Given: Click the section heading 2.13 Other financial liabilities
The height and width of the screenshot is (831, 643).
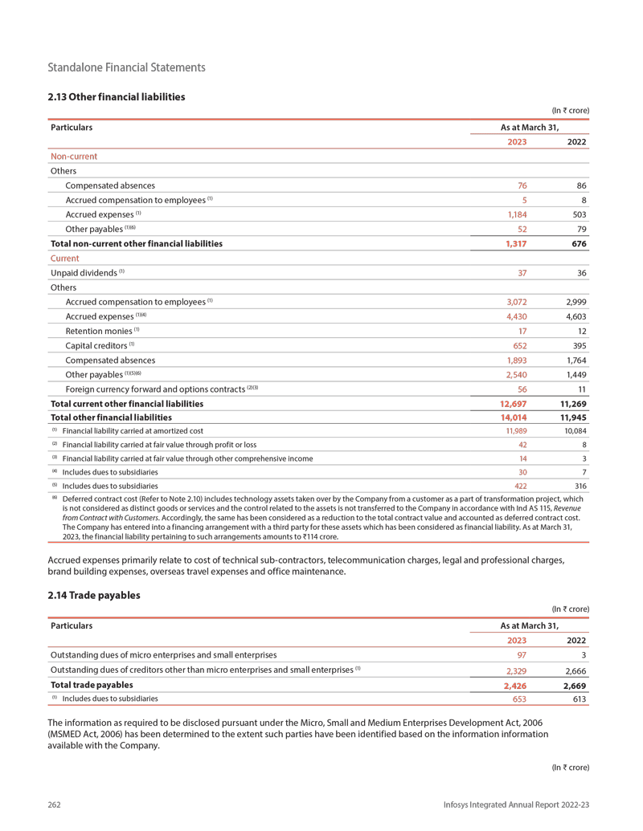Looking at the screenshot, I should [117, 97].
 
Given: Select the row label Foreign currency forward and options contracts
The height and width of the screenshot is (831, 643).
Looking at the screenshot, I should [160, 389].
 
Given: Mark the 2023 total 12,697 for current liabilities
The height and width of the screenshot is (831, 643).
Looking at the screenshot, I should [508, 403].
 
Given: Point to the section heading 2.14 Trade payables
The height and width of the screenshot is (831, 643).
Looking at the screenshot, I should [94, 596].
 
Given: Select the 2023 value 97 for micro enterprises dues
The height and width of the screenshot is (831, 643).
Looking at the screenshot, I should [520, 655].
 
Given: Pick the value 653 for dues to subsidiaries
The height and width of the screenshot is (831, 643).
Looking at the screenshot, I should [517, 699].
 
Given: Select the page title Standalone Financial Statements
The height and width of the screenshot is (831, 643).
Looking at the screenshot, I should [126, 67].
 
